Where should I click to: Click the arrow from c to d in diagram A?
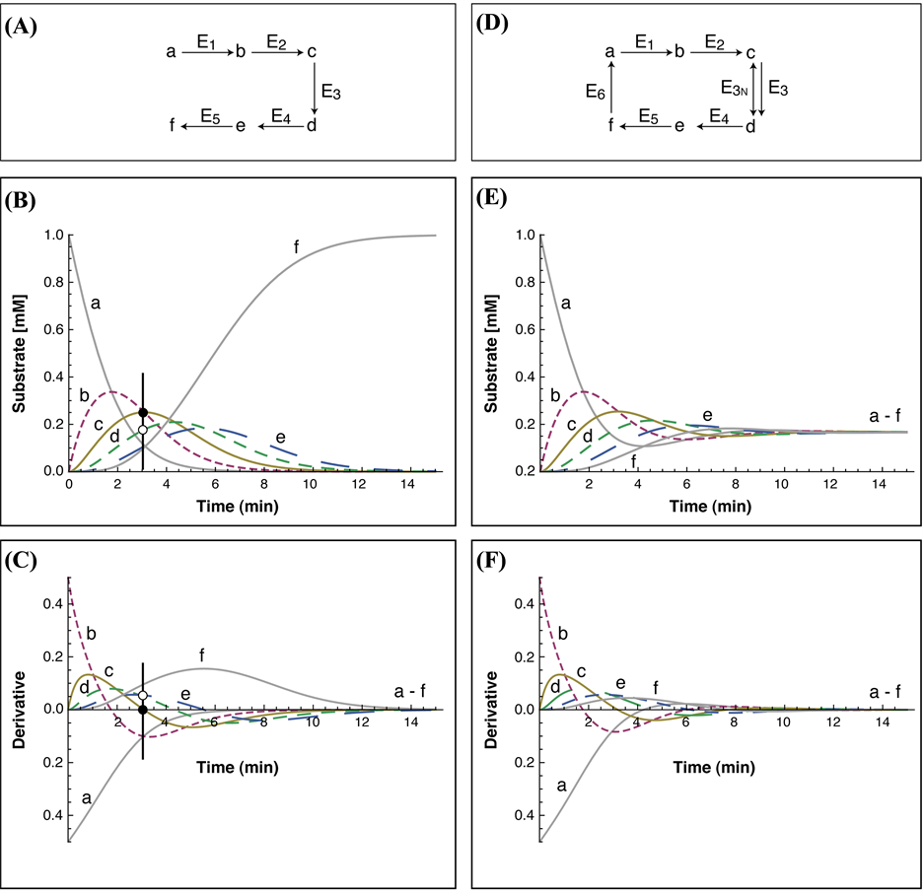[x=314, y=88]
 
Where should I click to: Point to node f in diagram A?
[x=173, y=126]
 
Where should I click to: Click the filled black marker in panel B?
[x=143, y=413]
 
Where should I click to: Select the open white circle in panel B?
[x=143, y=430]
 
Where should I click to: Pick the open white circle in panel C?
[x=143, y=696]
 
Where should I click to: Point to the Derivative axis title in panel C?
[x=17, y=710]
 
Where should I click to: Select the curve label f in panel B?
[x=296, y=245]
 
